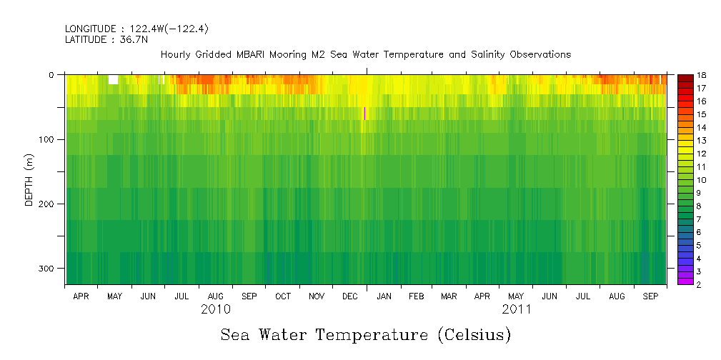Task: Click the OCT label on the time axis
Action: click(282, 296)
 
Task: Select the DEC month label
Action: click(350, 296)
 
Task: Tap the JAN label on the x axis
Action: click(384, 296)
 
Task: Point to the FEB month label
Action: click(417, 296)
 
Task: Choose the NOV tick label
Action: click(316, 296)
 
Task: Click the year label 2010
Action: click(215, 310)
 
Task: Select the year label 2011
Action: click(517, 310)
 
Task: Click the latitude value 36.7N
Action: click(132, 40)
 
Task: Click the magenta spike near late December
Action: click(365, 113)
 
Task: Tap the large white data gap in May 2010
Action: click(113, 79)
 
